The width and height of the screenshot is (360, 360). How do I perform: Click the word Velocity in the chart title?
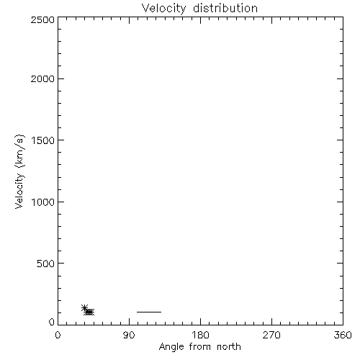tap(164, 9)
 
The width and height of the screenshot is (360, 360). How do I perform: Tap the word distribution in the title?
tap(225, 8)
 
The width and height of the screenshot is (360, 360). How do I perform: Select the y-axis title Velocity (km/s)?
tap(19, 171)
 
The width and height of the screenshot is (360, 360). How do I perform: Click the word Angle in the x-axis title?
tap(171, 347)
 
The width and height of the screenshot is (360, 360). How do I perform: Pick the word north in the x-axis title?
tap(229, 346)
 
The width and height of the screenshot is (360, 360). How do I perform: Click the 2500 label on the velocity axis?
tap(42, 19)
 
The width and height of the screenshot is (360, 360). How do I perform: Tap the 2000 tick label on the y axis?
tap(42, 78)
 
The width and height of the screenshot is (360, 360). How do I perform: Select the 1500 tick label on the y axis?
tap(43, 140)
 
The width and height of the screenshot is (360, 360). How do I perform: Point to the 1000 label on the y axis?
tap(43, 202)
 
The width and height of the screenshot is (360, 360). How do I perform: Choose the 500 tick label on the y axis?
tap(46, 264)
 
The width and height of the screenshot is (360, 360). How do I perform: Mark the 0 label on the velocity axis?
tap(52, 322)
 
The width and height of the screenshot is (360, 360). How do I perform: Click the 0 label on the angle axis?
tap(58, 335)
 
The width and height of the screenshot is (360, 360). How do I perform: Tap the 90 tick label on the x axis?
tap(129, 335)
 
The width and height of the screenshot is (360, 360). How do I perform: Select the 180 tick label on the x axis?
tap(200, 335)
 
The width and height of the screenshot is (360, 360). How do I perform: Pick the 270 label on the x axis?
tap(271, 335)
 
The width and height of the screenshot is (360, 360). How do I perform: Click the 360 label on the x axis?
tap(343, 335)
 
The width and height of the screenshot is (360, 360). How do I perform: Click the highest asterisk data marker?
tap(84, 307)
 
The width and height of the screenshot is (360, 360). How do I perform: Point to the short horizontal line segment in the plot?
tap(149, 312)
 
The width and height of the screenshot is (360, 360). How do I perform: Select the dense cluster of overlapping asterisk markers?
tap(89, 312)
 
